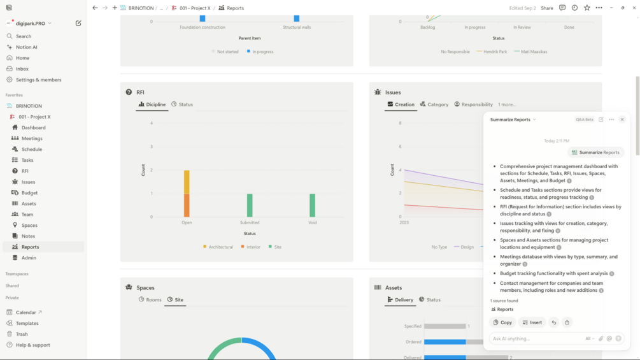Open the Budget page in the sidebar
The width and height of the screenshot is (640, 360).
[29, 192]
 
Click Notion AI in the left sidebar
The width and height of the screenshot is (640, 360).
[26, 47]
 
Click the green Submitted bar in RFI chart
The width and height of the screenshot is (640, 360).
[250, 205]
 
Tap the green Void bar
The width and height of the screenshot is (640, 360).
[312, 205]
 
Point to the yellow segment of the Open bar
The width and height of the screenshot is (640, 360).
[187, 182]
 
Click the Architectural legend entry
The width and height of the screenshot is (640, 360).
[218, 247]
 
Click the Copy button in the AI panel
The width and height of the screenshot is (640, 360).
[502, 322]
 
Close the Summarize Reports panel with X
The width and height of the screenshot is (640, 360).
[622, 119]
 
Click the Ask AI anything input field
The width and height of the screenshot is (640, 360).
[535, 338]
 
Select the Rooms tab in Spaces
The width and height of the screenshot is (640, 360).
[150, 299]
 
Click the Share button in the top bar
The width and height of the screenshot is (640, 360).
[547, 8]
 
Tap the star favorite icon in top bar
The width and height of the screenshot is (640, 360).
[587, 8]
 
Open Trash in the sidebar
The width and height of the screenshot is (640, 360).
[22, 334]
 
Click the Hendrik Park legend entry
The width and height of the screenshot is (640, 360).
[492, 52]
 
